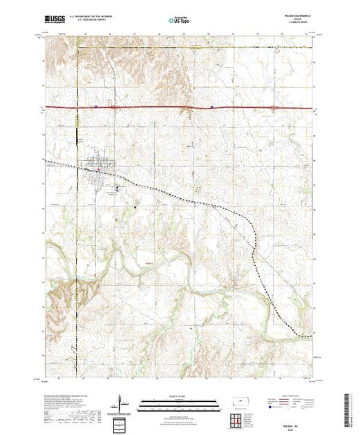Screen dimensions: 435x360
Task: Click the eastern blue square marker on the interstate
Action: coord(211,107)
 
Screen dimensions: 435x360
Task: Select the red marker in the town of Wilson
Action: coord(98,167)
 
